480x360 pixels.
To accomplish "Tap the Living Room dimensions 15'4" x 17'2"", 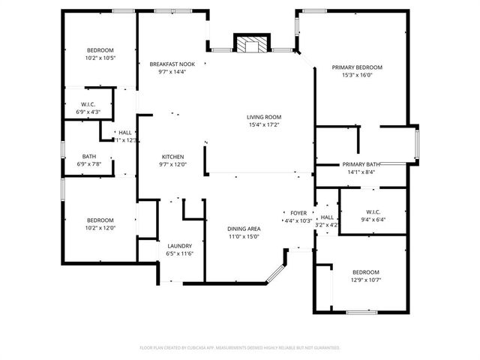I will tap(264, 124).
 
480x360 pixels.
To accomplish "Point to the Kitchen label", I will tap(172, 157).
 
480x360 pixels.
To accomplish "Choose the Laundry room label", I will tap(179, 246).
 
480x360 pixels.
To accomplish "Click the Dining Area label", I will tap(244, 229).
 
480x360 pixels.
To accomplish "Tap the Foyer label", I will tap(298, 213).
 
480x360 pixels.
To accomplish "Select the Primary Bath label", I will tap(361, 164).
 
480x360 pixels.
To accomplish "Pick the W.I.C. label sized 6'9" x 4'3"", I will tap(88, 104).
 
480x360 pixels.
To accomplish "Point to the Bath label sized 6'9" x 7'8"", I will tap(88, 157).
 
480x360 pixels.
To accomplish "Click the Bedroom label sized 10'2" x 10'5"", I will tap(99, 50).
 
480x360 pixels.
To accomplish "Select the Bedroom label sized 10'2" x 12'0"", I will tap(99, 220).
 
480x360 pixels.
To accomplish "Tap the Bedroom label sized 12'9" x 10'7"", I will tap(365, 271).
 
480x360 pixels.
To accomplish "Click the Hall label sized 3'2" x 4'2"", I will tap(327, 217).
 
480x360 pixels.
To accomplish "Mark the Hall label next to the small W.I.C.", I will tap(124, 133).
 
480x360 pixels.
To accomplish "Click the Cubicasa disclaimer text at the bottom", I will tap(240, 348).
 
